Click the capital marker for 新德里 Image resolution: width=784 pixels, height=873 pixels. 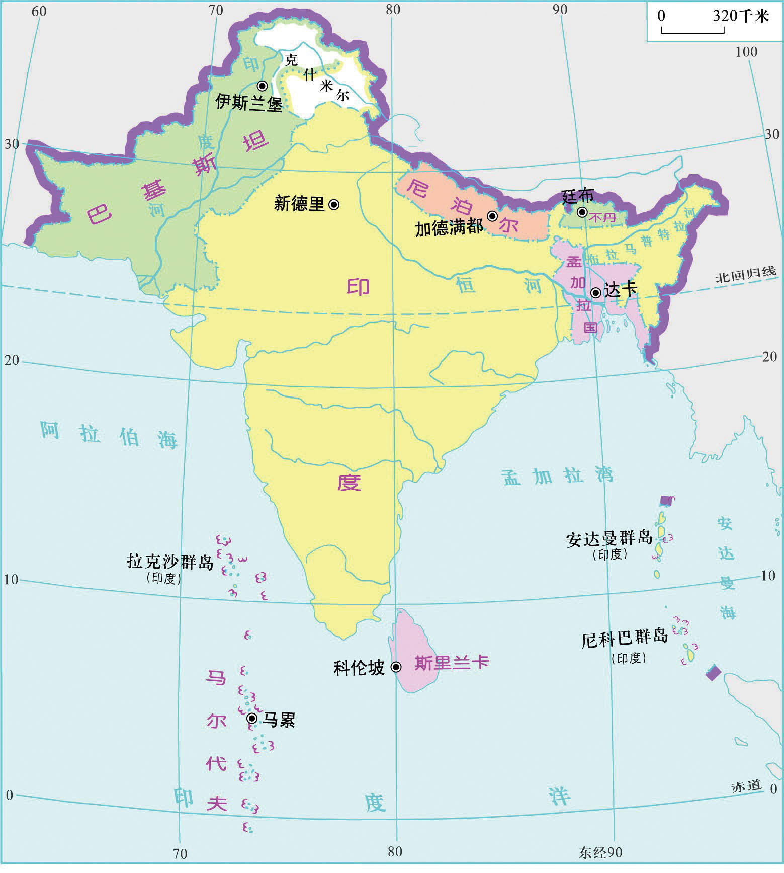click(334, 204)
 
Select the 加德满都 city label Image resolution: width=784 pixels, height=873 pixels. click(449, 228)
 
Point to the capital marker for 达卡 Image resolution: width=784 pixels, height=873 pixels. click(596, 292)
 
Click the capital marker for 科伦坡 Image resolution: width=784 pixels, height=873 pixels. click(396, 667)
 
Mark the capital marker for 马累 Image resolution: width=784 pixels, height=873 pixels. click(252, 718)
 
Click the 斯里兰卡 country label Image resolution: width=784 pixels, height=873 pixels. click(451, 663)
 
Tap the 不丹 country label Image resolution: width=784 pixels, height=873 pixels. click(602, 218)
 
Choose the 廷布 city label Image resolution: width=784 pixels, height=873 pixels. click(577, 196)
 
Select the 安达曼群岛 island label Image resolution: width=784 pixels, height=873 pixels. click(609, 539)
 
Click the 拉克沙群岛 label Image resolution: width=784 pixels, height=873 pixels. click(170, 561)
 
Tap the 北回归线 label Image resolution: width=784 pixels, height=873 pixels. click(746, 274)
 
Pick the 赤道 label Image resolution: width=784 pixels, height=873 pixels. click(746, 786)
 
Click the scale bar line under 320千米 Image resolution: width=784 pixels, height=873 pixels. click(692, 31)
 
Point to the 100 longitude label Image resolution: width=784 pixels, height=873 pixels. click(746, 52)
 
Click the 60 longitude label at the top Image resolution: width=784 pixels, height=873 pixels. click(39, 11)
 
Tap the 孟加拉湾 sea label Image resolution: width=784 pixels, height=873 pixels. click(557, 475)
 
